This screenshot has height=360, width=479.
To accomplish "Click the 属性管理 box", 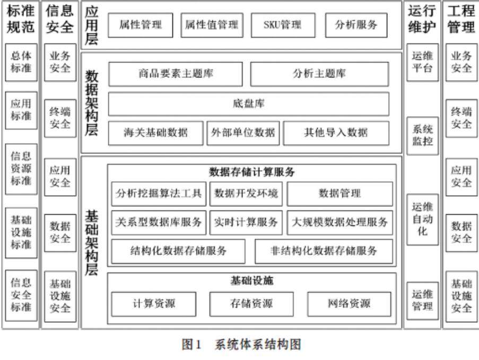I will coord(141,25).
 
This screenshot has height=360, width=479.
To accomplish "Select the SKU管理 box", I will coord(282,25).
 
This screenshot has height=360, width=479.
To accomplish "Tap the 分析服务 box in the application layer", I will coord(355,25).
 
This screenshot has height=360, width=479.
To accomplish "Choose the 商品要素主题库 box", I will coord(176,74).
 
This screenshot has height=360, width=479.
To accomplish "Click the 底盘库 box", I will coord(248,104).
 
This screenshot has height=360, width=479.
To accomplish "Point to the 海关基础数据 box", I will coord(155,133).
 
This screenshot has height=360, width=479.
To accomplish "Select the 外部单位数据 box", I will coord(242,133).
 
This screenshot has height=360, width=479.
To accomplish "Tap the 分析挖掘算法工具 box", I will coord(159,194).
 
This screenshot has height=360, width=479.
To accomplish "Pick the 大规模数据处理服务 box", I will coord(340,223).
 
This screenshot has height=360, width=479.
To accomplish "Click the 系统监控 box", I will coord(422,135).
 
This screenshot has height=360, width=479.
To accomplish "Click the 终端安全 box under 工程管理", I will coord(461,118).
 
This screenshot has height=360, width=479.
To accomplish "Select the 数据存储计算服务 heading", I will coord(251,172).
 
